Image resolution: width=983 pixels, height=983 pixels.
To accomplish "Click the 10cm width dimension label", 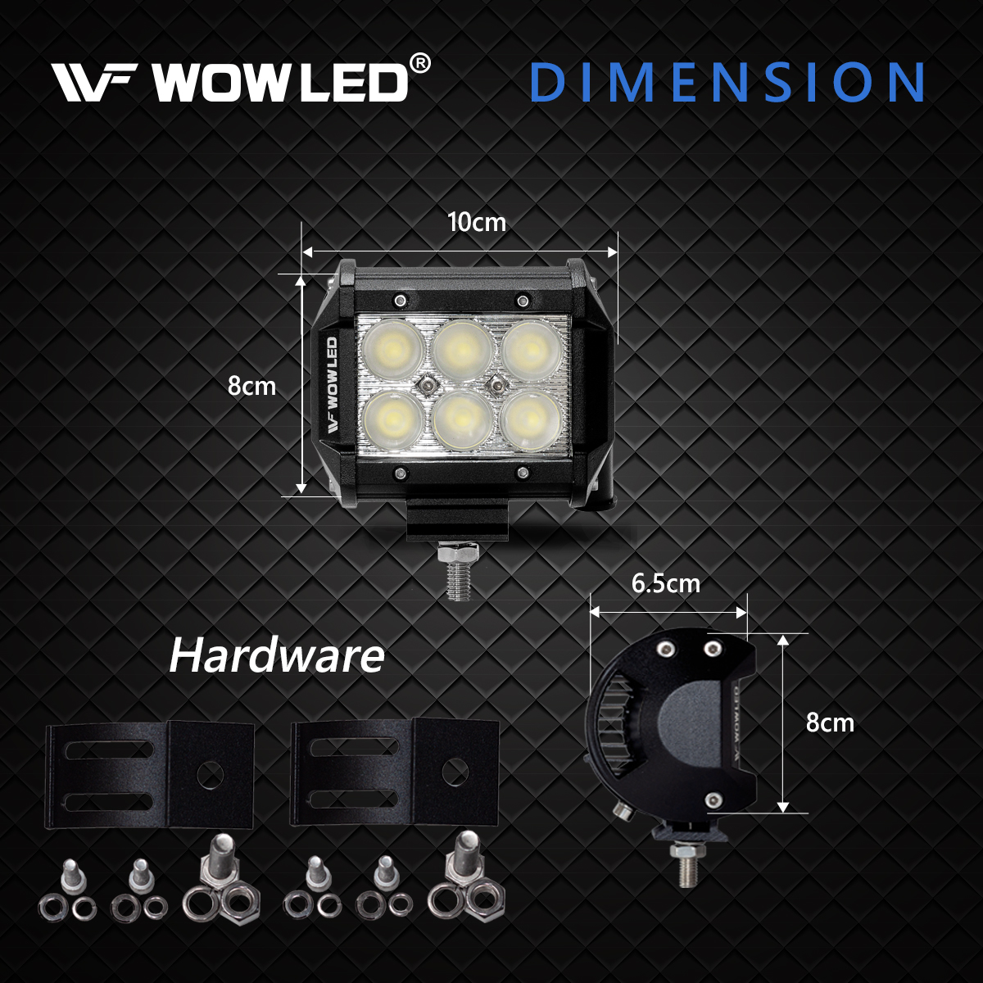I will pos(477,222).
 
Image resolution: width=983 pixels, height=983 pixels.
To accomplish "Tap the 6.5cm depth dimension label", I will pos(666,584).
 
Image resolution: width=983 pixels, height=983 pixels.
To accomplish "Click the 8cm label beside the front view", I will pos(251,386).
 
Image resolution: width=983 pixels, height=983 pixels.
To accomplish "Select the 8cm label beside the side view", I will pos(830,723).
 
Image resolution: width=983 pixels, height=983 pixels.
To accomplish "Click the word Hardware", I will pos(276,656).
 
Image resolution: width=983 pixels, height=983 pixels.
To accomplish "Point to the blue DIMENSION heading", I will pos(727,82).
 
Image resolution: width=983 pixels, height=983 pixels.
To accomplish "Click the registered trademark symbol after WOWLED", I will pos(419,64).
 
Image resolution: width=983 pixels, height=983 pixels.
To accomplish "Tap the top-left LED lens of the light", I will pos(392,348).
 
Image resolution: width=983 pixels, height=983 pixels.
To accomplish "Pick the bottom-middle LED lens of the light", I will pos(461,419).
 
